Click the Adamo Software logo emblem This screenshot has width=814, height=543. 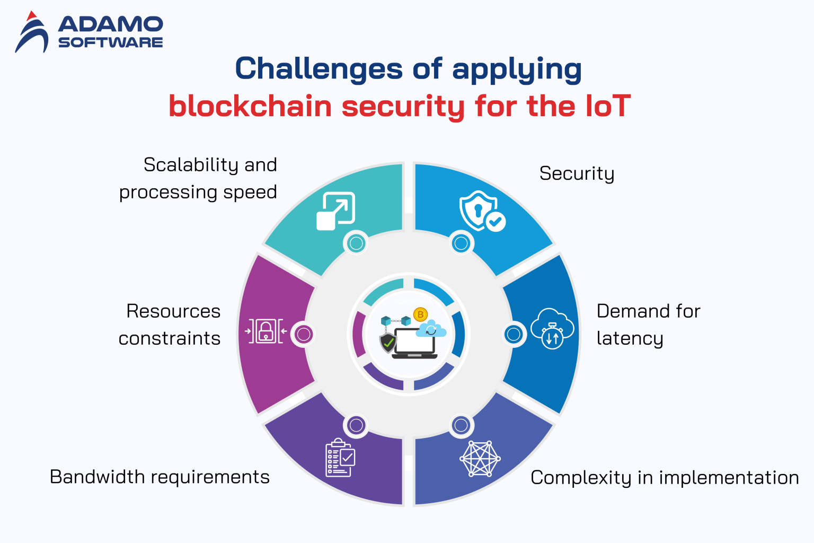tap(32, 33)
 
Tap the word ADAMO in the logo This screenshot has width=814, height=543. tap(110, 24)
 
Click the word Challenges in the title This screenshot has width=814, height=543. tap(318, 69)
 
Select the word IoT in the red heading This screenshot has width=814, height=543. tap(607, 106)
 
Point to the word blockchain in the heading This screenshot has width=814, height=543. tap(250, 106)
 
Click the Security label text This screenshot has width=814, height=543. tap(577, 174)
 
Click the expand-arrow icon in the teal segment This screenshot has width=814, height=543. tap(335, 211)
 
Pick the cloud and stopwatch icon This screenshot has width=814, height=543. tap(552, 328)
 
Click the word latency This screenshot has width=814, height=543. tap(630, 338)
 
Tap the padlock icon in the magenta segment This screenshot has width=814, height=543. tap(266, 331)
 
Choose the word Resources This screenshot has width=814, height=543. tap(173, 311)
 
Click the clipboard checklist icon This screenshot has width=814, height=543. tap(340, 458)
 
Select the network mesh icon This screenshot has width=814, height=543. tap(480, 459)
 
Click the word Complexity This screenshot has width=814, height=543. tap(581, 478)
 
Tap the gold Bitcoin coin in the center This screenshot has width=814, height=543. tap(420, 314)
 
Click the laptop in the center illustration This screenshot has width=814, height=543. tap(414, 343)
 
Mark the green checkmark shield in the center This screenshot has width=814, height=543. tap(388, 343)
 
